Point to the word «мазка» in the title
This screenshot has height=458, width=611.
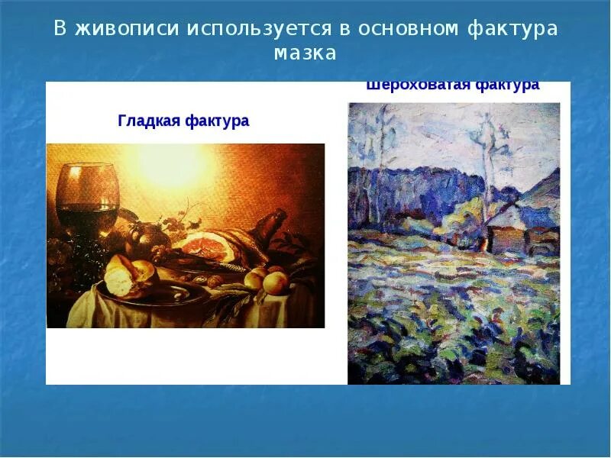pos(305,53)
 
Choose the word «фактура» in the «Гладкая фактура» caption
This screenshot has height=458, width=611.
pos(218,121)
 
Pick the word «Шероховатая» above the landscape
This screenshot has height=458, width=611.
pos(418,85)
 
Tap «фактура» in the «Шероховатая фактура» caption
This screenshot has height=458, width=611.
pos(507,85)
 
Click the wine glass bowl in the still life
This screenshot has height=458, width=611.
pos(89,187)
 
